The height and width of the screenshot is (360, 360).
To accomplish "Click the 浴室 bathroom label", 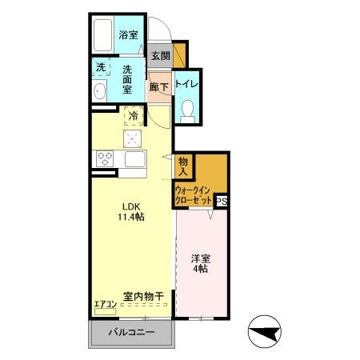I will tap(127, 34).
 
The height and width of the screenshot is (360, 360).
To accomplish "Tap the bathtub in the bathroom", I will tap(102, 35).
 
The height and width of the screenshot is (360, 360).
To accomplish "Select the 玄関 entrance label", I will tap(160, 56).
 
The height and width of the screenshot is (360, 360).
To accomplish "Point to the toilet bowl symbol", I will tap(188, 110).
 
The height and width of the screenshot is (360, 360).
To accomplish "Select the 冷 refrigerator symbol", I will tap(134, 116).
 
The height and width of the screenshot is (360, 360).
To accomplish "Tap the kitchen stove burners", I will tap(105, 157).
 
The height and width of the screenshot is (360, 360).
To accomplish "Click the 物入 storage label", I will tap(183, 166).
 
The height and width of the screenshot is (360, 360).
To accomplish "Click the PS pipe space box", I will tap(222, 202).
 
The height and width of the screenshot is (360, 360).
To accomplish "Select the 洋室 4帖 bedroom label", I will tap(200, 264).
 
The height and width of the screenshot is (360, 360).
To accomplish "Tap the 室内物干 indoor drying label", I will tap(142, 296).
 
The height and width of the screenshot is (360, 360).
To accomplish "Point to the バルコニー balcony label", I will tap(130, 332).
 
